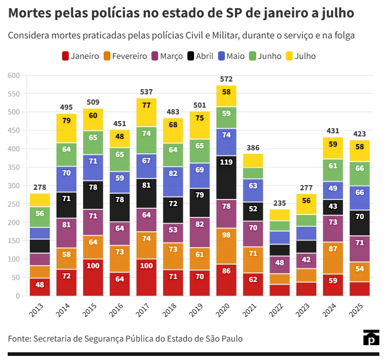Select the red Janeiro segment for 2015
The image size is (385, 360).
click(93, 277)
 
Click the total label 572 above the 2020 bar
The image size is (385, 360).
click(226, 79)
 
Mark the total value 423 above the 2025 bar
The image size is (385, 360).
click(360, 134)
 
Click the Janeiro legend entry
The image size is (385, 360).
click(80, 56)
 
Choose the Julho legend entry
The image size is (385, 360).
click(300, 56)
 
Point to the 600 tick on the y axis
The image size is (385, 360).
click(13, 75)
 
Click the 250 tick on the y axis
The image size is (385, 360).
click(13, 204)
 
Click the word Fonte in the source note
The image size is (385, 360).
click(18, 339)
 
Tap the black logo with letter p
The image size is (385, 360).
click(371, 338)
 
